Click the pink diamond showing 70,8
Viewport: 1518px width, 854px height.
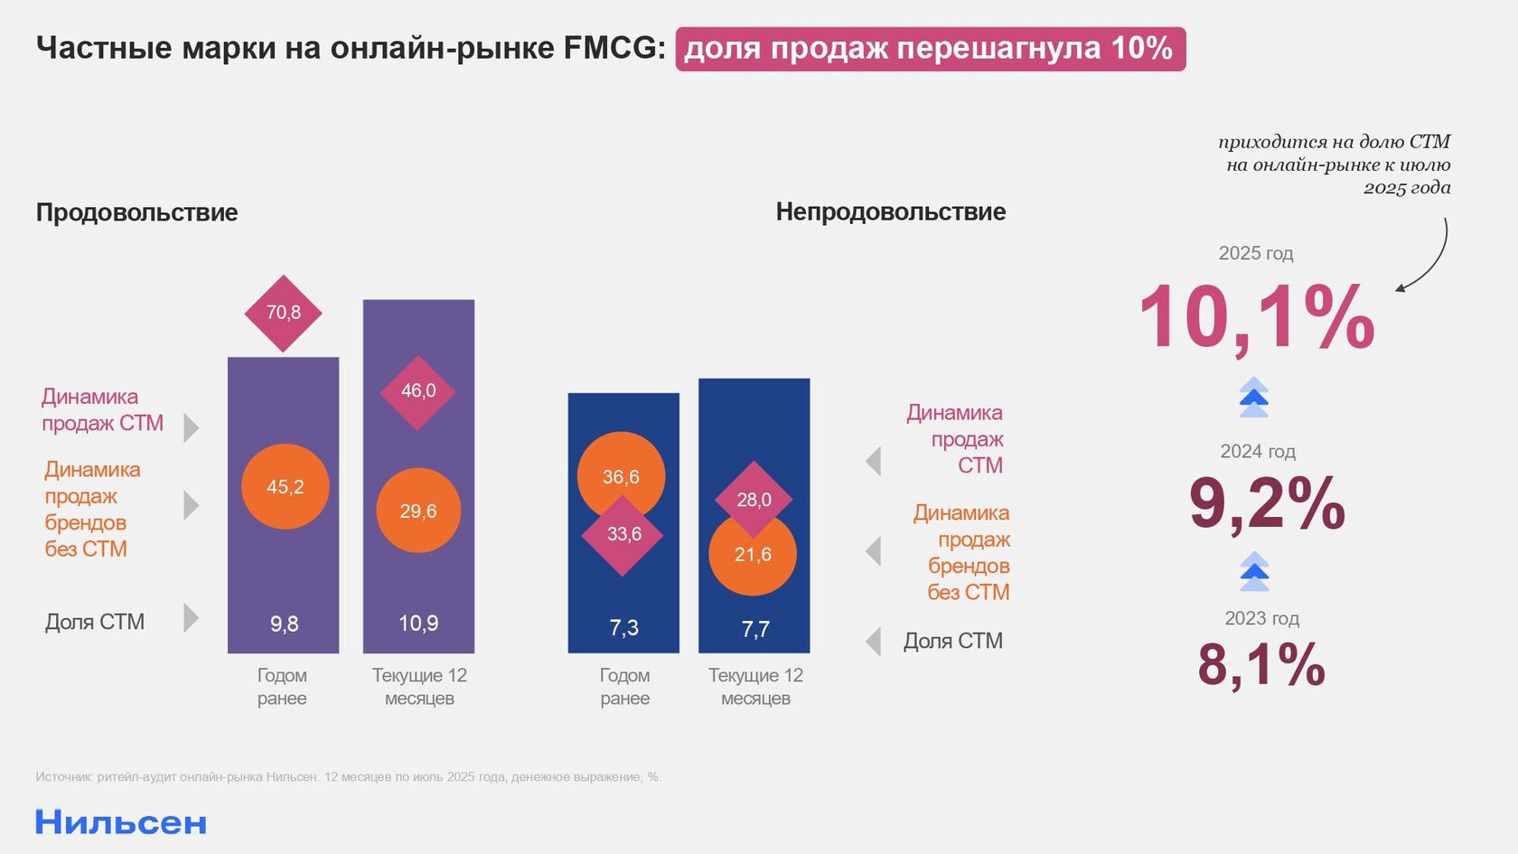283,313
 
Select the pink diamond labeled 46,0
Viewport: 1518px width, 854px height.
417,391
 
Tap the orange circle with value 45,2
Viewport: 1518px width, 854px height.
285,487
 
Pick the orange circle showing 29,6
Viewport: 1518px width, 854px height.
418,511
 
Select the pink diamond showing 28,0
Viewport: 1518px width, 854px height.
754,498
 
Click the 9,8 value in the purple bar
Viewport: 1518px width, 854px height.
284,624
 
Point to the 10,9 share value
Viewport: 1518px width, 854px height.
418,624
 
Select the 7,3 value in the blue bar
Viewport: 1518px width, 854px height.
623,628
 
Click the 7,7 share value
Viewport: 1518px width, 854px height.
754,629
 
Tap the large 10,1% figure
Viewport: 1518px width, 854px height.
1256,317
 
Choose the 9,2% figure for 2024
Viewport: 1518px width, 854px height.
1267,503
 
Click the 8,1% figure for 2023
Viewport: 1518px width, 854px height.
1261,665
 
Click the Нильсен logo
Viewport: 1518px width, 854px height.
121,822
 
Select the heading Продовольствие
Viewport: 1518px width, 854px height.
137,212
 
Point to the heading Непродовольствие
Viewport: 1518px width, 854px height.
890,211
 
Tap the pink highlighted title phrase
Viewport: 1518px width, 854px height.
930,49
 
